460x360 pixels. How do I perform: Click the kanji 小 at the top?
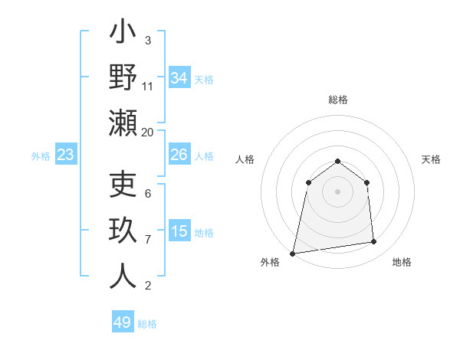[123, 34]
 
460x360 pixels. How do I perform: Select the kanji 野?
[123, 77]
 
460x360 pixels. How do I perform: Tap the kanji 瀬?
[123, 122]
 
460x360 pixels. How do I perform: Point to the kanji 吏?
[123, 186]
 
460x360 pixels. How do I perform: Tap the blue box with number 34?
[179, 77]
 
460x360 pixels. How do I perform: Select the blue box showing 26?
[179, 155]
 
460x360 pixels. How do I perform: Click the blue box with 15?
[179, 231]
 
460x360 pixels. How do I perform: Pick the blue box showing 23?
[65, 155]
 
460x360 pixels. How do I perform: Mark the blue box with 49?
[123, 322]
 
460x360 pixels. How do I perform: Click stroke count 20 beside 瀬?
[148, 132]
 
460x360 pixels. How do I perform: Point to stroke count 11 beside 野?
[148, 86]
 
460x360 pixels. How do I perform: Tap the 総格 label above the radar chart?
[337, 100]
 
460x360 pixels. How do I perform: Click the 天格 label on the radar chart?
[431, 159]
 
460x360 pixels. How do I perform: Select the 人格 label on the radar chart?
[245, 159]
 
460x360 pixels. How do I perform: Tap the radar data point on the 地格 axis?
[374, 242]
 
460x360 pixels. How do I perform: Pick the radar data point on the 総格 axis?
[337, 161]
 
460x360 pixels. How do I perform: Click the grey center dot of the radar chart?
[337, 191]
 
